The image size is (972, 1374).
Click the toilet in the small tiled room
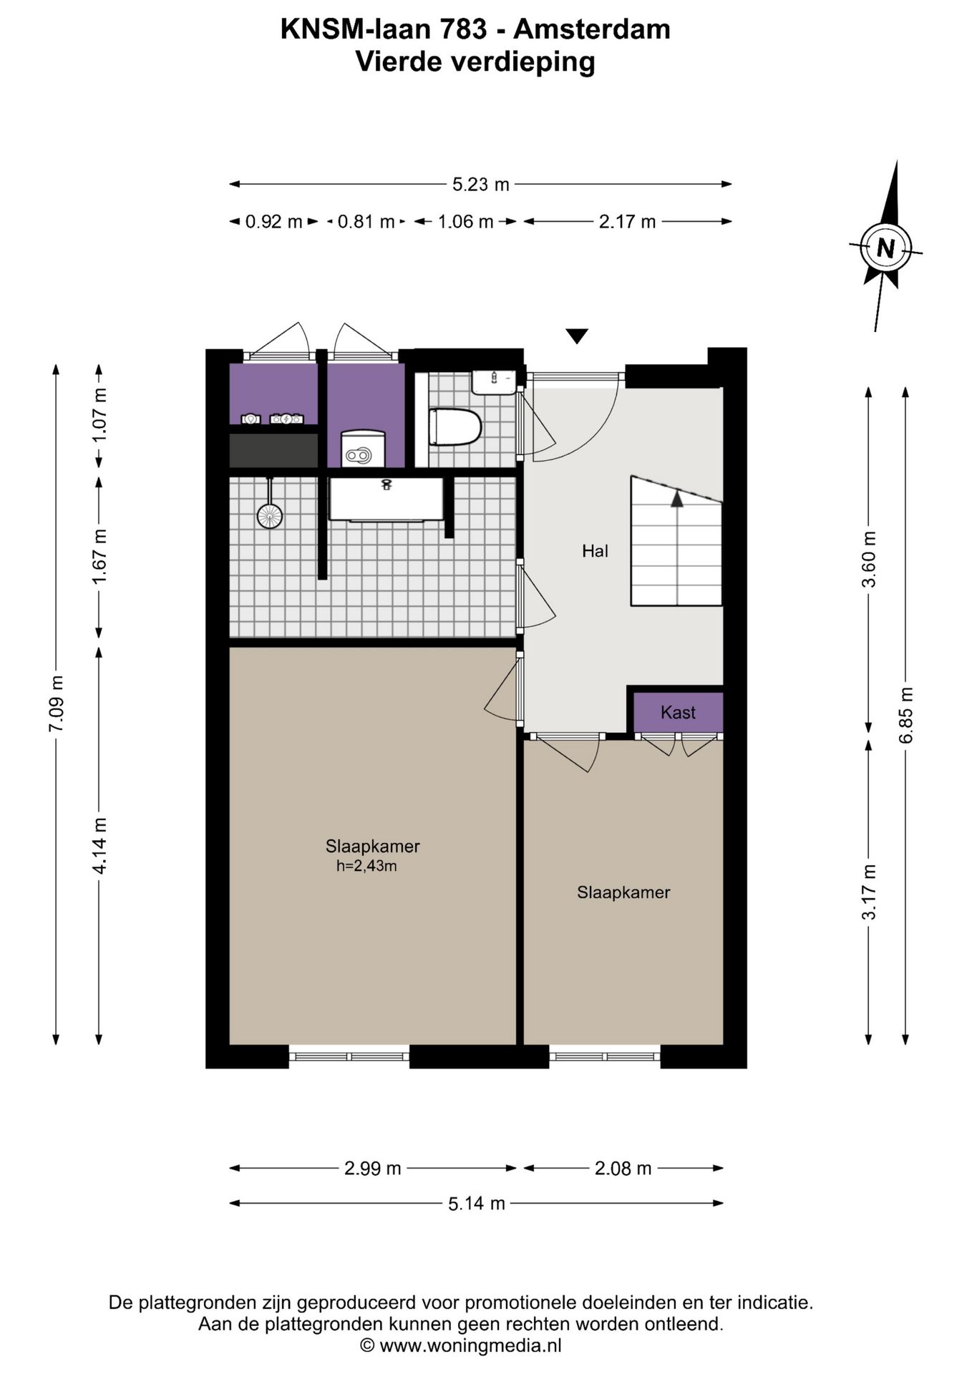coord(454,427)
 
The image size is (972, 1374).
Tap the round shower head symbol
coord(270,515)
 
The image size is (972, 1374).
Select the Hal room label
coord(595,551)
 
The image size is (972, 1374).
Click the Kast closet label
coord(678,713)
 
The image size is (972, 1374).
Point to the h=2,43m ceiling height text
coord(366,866)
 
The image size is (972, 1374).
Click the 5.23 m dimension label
coord(480,185)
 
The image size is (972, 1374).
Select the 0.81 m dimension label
coord(366,222)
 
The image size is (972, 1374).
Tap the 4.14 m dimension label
coord(99,846)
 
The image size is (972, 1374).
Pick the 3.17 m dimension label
coord(869,892)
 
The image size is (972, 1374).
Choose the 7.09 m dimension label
coord(56,703)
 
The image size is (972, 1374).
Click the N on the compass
coord(886,248)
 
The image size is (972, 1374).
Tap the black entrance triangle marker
coord(576,335)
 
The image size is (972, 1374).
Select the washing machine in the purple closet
coord(363,448)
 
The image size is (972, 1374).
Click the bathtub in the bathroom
coord(386,499)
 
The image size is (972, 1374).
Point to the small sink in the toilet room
coord(493,382)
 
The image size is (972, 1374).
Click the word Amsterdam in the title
coord(592,29)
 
